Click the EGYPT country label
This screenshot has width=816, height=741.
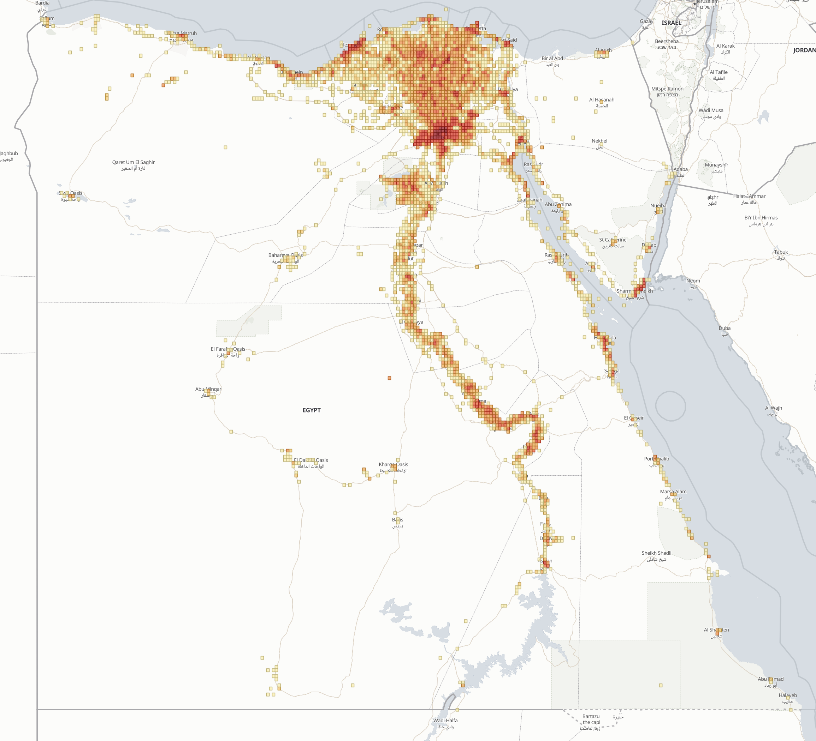311,410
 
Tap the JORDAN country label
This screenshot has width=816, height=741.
804,50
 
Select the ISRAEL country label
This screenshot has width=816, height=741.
671,23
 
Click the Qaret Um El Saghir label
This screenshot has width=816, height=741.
133,162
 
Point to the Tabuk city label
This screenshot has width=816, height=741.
781,252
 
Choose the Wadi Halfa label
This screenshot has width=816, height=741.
445,721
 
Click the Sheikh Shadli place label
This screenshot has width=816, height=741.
656,553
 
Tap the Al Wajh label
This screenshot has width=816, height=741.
773,408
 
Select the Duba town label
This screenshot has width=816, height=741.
725,328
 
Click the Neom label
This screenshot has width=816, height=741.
693,281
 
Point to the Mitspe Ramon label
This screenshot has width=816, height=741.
667,89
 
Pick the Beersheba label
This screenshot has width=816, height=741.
667,41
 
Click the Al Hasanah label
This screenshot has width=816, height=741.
602,100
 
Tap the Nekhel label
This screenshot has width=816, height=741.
599,141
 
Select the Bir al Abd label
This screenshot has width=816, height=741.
552,58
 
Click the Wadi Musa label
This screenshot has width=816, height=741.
711,110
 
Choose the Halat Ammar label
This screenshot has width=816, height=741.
749,196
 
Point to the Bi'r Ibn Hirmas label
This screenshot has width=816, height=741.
761,217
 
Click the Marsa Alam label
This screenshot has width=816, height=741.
673,492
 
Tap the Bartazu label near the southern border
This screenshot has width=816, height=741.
591,716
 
